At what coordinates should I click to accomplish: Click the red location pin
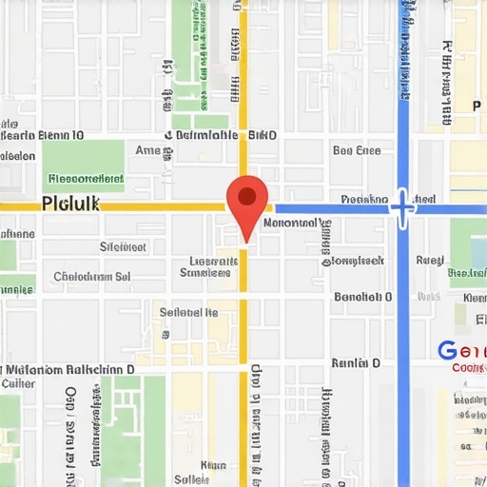(x=246, y=201)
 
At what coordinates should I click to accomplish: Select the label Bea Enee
(x=357, y=150)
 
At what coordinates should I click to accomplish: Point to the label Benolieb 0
(x=362, y=297)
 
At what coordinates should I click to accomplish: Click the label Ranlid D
(x=356, y=363)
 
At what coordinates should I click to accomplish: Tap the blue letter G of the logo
(x=447, y=350)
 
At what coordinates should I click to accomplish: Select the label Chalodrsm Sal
(x=92, y=277)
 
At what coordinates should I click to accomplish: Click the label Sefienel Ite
(x=188, y=311)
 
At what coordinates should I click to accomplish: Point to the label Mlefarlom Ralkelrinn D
(x=68, y=368)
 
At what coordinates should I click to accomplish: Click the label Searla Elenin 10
(x=42, y=135)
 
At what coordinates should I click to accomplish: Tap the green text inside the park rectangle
(x=86, y=177)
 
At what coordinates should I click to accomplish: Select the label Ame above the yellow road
(x=148, y=150)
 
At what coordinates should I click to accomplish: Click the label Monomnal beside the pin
(x=289, y=223)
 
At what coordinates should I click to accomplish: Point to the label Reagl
(x=430, y=259)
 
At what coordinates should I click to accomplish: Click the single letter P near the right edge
(x=477, y=106)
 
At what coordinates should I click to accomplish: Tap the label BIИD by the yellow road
(x=263, y=135)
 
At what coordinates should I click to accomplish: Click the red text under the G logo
(x=469, y=367)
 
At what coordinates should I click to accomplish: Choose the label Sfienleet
(x=124, y=247)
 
